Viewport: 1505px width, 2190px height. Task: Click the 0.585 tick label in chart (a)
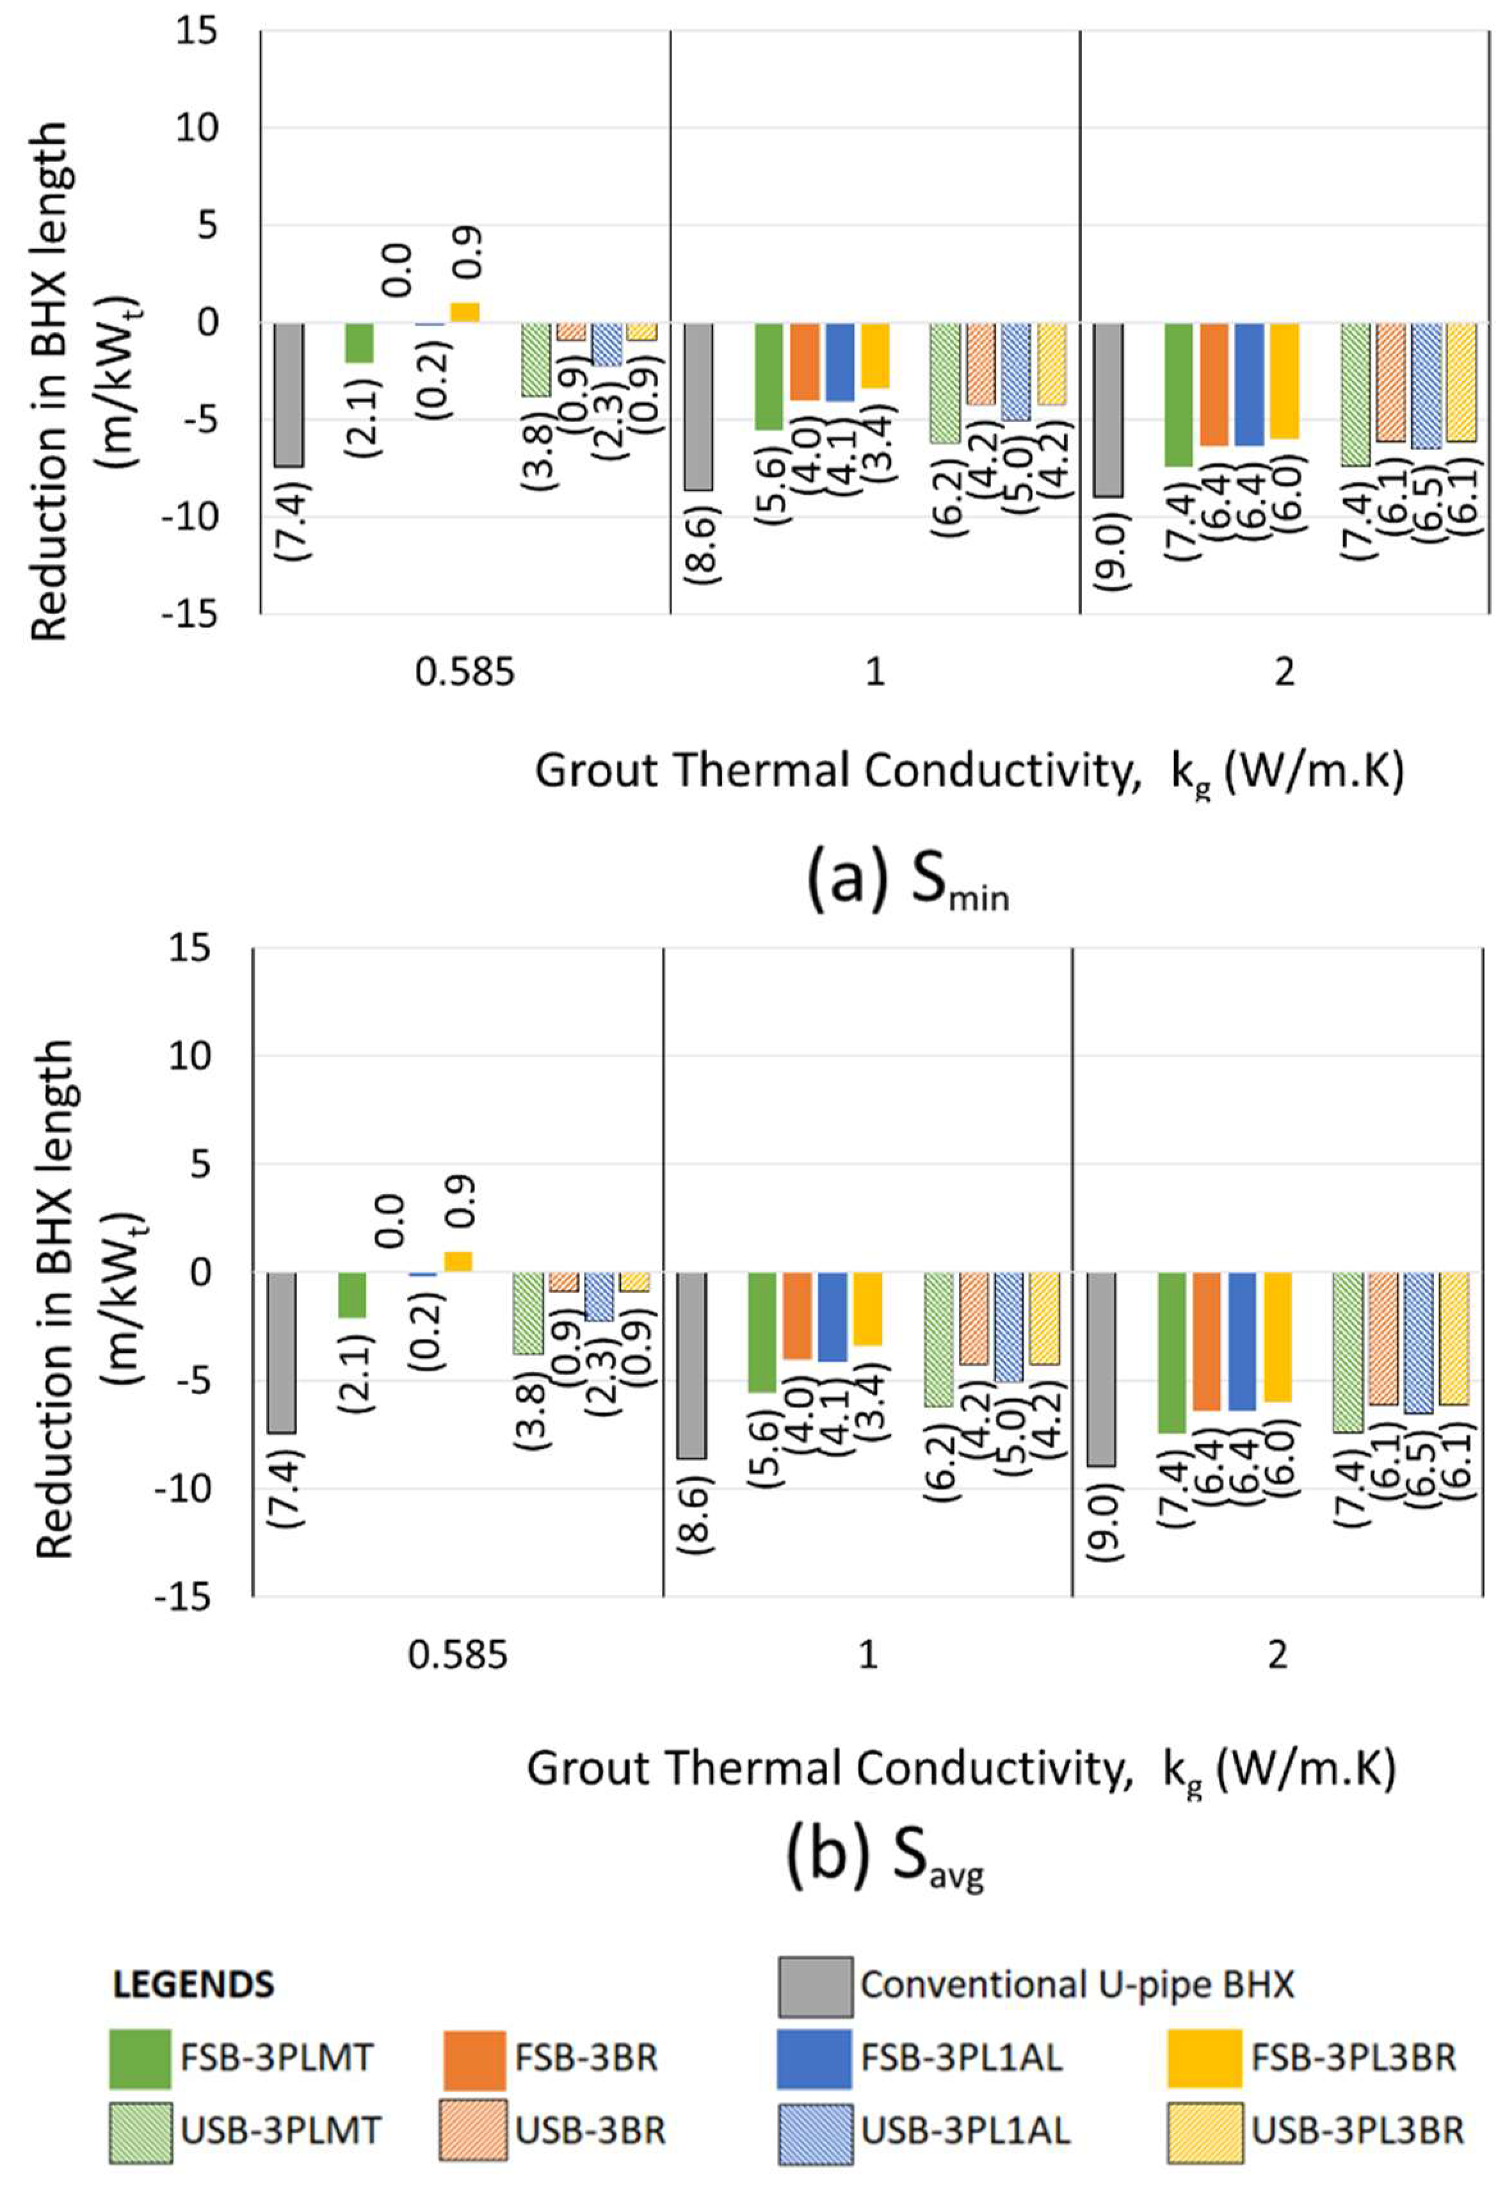(x=465, y=672)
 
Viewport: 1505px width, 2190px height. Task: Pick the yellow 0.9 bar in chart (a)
(x=465, y=312)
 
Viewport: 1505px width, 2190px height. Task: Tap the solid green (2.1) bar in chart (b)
(x=351, y=1294)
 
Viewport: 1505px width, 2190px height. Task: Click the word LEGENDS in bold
(x=193, y=1985)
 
